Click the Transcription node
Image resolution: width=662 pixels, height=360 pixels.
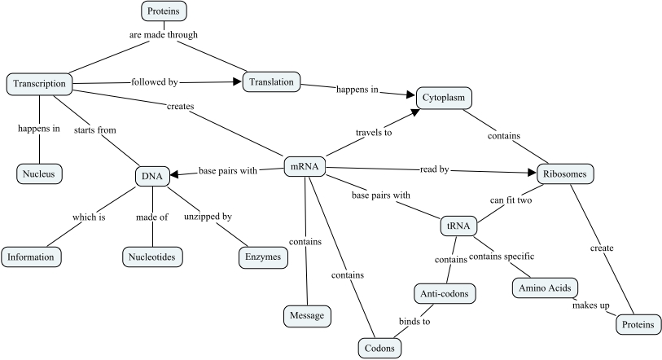tap(39, 84)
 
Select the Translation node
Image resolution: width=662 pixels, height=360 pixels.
tap(271, 82)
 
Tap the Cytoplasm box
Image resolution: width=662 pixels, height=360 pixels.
tap(444, 98)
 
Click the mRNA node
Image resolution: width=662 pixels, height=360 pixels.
tap(304, 168)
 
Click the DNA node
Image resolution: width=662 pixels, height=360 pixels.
tap(152, 175)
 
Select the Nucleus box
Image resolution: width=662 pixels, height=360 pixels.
tap(39, 173)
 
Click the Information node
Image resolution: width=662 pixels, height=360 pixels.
tap(31, 257)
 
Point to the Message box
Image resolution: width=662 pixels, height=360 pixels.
tap(306, 315)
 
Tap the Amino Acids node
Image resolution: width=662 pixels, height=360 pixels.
tap(545, 288)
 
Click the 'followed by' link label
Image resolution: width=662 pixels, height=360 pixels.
tap(155, 81)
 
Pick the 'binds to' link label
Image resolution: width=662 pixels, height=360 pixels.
tap(414, 321)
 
